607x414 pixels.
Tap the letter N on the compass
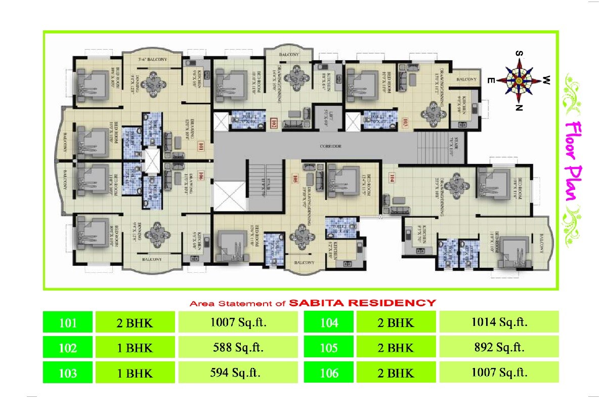coord(518,107)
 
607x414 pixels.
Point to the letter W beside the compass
coord(547,79)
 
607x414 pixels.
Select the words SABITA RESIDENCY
coord(362,303)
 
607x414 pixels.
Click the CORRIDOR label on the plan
coord(331,146)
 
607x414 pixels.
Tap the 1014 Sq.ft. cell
coord(499,322)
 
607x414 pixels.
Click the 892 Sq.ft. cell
coord(499,348)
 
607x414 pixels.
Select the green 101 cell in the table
coord(68,322)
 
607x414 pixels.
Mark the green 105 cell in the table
coord(329,348)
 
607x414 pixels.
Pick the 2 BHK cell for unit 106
coord(396,374)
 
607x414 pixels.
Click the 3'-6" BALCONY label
coord(153,60)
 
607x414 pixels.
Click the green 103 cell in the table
coord(68,374)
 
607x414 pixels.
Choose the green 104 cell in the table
coord(329,322)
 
